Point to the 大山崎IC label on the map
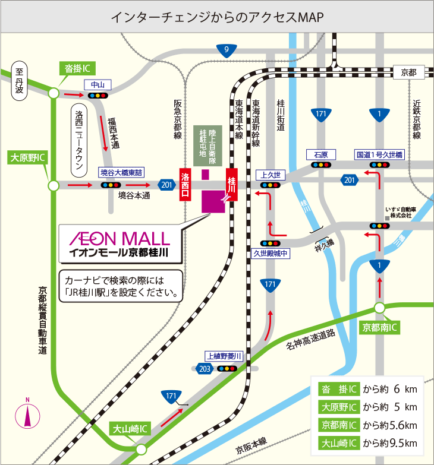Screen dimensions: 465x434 [131, 429]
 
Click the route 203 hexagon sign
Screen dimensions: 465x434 [203, 369]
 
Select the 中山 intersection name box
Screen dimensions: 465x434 [98, 84]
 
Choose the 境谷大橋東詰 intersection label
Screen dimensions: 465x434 [121, 173]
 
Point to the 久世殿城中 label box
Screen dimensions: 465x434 [271, 254]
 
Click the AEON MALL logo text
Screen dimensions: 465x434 [119, 239]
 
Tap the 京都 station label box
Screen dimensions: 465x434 [409, 72]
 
